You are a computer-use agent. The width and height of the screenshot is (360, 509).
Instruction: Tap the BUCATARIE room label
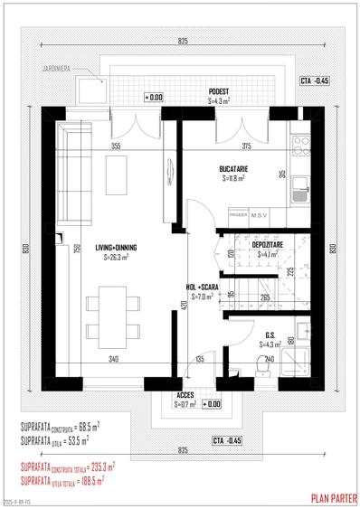pyautogui.click(x=233, y=169)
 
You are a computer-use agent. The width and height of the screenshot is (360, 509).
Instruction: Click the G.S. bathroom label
pyautogui.click(x=270, y=334)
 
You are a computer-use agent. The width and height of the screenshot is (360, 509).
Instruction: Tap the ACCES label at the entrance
pyautogui.click(x=185, y=395)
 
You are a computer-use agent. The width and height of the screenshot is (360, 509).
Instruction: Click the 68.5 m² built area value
pyautogui.click(x=87, y=425)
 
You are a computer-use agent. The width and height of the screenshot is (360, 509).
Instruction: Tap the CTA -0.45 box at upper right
pyautogui.click(x=315, y=81)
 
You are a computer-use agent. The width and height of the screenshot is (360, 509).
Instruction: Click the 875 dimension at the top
pyautogui.click(x=183, y=42)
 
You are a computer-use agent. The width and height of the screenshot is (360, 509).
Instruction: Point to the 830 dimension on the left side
pyautogui.click(x=28, y=249)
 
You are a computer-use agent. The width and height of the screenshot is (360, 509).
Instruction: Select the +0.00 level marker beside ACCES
pyautogui.click(x=212, y=404)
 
